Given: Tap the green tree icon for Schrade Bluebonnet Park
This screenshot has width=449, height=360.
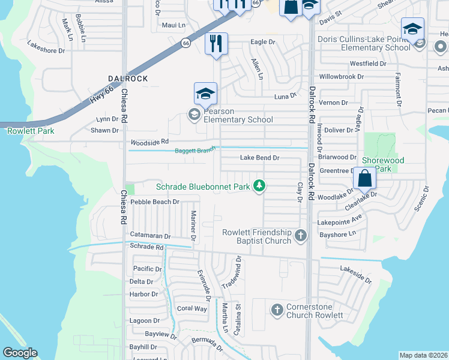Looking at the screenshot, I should (259, 187).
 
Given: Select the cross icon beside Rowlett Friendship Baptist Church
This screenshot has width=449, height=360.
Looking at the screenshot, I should (301, 236).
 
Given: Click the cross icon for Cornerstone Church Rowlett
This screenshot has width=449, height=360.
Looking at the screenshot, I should (277, 310).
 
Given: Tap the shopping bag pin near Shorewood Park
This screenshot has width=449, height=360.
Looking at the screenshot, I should (365, 178).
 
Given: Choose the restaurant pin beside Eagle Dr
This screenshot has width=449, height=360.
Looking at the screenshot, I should (216, 44).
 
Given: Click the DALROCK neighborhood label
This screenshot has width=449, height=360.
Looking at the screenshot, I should (128, 79).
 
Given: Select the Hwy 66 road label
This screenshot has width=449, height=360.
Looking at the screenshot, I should (101, 97).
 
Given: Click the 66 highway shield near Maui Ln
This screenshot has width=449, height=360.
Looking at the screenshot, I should (187, 43).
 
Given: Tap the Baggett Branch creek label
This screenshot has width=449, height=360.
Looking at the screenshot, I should (195, 151).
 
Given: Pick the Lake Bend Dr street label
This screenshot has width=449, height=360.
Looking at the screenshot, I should (260, 158).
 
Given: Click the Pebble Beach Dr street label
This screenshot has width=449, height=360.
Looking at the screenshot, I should (155, 202).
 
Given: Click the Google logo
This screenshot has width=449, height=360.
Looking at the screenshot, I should (20, 353).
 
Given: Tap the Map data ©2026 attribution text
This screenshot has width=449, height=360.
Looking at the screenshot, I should (424, 355).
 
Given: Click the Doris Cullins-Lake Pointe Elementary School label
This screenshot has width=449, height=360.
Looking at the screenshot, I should (367, 43).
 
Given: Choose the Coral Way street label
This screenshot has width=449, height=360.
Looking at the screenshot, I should (192, 308).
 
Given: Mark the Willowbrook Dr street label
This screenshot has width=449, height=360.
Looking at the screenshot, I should (342, 77).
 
